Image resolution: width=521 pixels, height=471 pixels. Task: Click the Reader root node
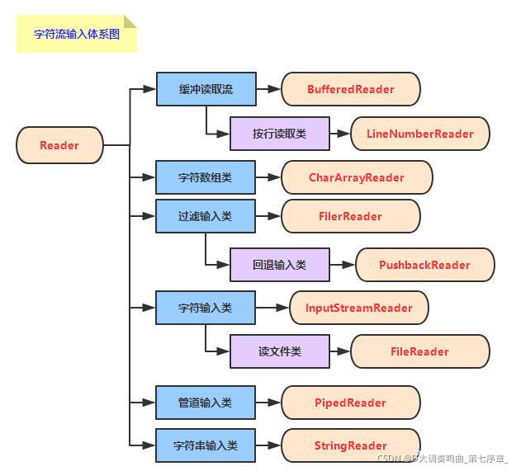(59, 145)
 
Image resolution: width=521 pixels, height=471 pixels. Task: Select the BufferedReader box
(351, 89)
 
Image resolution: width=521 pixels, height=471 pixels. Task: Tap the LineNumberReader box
(420, 134)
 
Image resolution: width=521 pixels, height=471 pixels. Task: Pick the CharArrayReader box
(357, 177)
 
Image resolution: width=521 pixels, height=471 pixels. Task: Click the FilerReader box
(351, 216)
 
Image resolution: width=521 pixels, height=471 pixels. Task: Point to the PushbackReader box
(425, 265)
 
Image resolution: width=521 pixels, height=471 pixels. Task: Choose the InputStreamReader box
(359, 308)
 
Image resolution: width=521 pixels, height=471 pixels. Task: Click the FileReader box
(420, 351)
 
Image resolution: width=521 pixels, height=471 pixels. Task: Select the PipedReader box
(351, 403)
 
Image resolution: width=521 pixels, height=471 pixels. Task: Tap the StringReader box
(351, 445)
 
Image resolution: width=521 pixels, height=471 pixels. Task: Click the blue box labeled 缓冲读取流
(206, 89)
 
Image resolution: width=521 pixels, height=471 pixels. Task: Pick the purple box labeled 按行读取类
(280, 134)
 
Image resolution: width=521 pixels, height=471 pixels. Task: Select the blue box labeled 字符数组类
(206, 177)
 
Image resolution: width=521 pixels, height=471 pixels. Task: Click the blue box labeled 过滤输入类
(206, 216)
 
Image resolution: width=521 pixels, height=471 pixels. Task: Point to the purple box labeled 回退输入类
(280, 265)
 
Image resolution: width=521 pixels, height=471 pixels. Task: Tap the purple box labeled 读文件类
(280, 351)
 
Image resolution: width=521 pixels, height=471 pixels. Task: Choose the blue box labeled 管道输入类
(206, 403)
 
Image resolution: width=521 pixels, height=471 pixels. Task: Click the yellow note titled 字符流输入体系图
(77, 34)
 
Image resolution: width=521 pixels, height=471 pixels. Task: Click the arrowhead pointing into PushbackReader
(349, 265)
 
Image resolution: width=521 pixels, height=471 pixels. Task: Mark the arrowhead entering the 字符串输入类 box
(149, 445)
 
